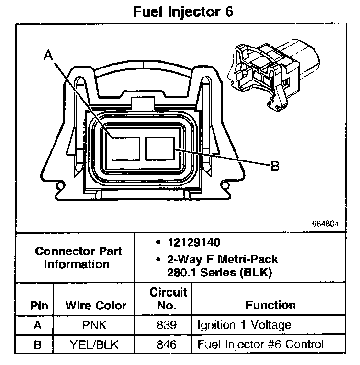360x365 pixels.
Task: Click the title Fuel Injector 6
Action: pyautogui.click(x=183, y=11)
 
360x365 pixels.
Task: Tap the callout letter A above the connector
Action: pyautogui.click(x=48, y=56)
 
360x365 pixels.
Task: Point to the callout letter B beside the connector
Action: pyautogui.click(x=275, y=167)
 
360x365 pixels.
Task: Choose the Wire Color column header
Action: pyautogui.click(x=96, y=305)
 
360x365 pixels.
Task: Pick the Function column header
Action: pyautogui.click(x=270, y=305)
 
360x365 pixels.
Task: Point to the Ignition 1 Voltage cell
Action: pyautogui.click(x=244, y=326)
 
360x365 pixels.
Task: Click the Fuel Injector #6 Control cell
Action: pyautogui.click(x=260, y=344)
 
